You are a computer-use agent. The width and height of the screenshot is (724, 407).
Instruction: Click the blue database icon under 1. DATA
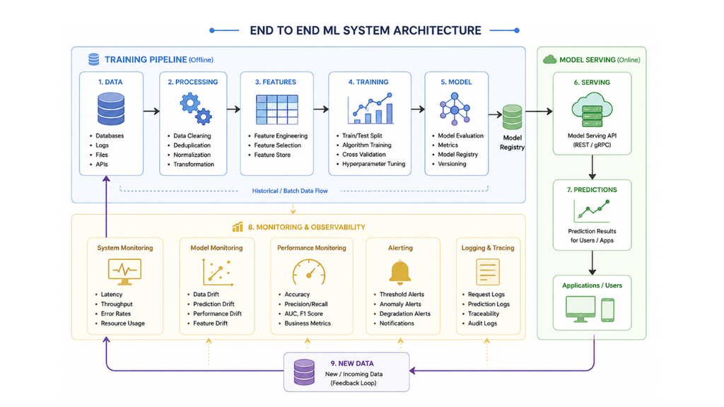point(111,109)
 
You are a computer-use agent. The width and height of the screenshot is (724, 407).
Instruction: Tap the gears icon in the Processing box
point(196,109)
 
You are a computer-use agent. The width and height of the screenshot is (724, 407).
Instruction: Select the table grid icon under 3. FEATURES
point(277,110)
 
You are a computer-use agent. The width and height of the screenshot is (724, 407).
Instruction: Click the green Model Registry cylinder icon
point(512,117)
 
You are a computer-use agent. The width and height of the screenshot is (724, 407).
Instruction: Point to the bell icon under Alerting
point(400,272)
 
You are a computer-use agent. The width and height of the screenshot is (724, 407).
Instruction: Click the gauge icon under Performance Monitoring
point(309,272)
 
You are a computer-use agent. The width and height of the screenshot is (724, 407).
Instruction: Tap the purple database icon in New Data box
point(304,372)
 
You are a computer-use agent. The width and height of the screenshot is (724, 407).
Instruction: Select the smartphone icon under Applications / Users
point(607,309)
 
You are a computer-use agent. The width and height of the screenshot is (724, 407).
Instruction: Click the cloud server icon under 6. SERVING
point(592,110)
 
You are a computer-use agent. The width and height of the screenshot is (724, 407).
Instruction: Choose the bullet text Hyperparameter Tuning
point(373,164)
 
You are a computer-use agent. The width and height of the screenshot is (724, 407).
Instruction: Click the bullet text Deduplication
point(192,146)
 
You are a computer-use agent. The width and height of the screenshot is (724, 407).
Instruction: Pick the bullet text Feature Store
point(272,155)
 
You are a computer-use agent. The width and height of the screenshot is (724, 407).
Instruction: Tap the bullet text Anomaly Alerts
point(400,304)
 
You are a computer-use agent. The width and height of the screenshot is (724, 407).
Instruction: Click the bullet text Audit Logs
point(482,324)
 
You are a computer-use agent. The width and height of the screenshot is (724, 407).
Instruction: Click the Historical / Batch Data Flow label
point(290,191)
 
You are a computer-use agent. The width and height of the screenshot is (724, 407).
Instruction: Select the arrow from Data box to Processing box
point(151,111)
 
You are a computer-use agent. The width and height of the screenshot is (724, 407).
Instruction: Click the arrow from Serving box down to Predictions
point(592,167)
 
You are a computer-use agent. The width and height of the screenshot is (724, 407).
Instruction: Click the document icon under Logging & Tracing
point(488,272)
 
